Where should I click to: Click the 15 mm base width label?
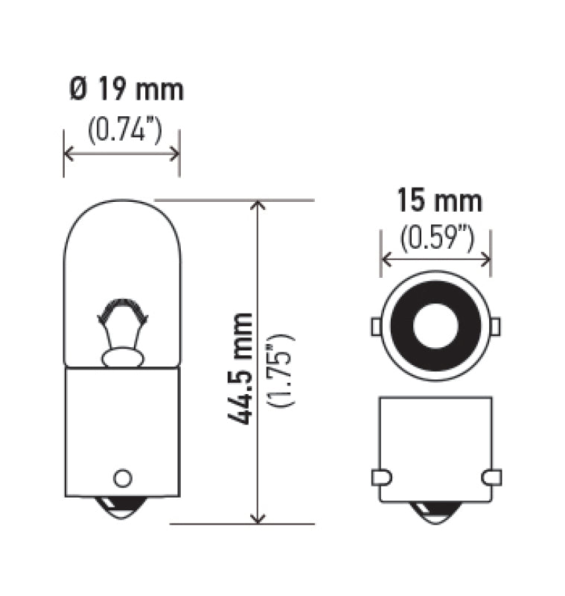point(439,201)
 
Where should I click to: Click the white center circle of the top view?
point(435,326)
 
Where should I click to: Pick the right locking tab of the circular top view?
point(494,326)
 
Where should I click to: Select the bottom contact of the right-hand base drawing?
point(435,513)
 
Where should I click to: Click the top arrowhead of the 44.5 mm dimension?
point(258,206)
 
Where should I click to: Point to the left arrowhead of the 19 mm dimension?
point(69,153)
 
